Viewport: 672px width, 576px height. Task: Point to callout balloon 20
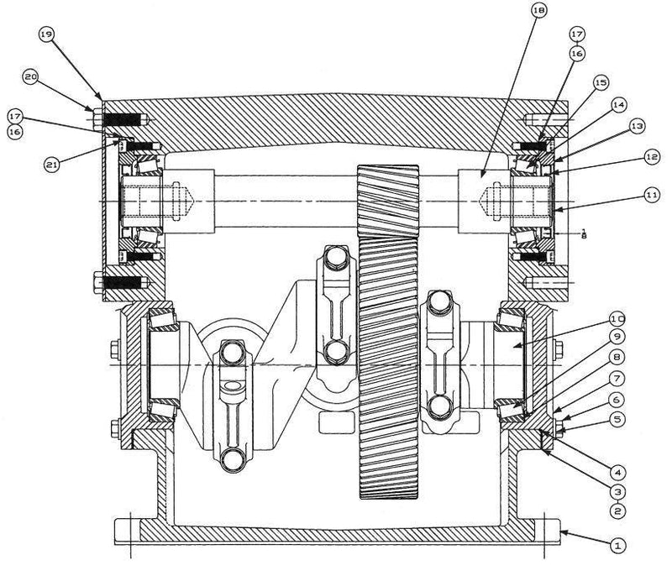pyautogui.click(x=30, y=77)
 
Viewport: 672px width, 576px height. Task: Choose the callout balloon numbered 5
pyautogui.click(x=616, y=416)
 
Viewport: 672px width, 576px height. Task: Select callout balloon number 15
pyautogui.click(x=600, y=83)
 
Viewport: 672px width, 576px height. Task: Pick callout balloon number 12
pyautogui.click(x=651, y=156)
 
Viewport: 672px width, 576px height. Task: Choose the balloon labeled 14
pyautogui.click(x=618, y=105)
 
